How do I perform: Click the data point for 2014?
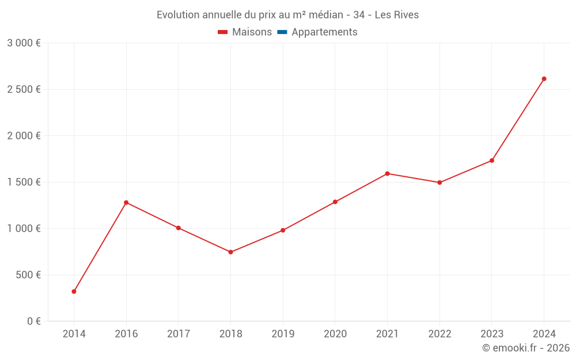pos(74,291)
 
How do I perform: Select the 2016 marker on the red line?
pos(126,203)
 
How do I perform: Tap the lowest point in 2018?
pos(230,252)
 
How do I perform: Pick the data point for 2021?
pos(387,173)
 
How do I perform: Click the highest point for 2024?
pos(544,79)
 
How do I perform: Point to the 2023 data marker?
pos(492,161)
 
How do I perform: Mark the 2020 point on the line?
pos(335,202)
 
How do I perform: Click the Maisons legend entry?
pos(245,32)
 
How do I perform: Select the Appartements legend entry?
pos(324,32)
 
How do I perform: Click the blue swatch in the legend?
pos(282,32)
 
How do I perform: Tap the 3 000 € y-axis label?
pos(24,43)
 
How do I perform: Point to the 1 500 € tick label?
pos(24,182)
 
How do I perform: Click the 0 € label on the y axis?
pos(33,321)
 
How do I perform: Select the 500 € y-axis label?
pos(28,275)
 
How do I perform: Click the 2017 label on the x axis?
pos(179,334)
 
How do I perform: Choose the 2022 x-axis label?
pos(439,334)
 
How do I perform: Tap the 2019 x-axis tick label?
pos(283,334)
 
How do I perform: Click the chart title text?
pos(287,14)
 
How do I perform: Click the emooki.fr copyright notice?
pos(526,348)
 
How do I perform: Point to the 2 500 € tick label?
pos(24,89)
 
